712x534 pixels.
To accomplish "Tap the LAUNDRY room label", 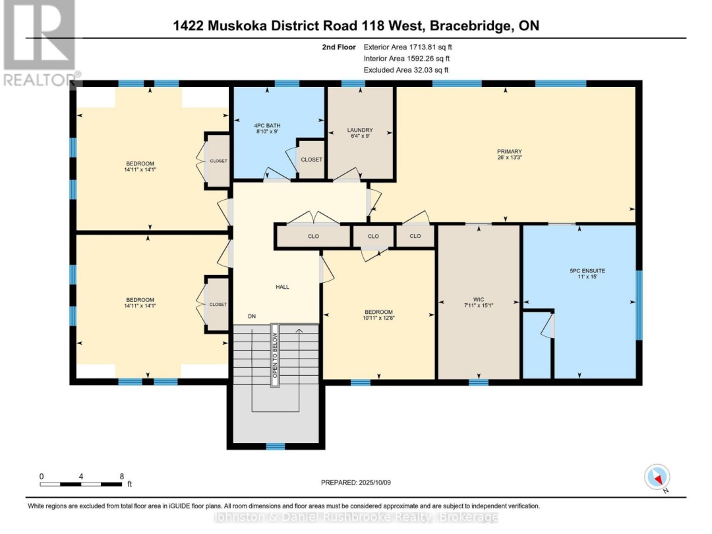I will coord(360,130).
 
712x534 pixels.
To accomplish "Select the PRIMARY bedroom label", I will coord(505,151).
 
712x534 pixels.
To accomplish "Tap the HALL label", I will coord(282,287).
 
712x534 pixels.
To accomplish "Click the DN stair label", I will coord(251,316).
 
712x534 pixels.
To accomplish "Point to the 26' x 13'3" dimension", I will coord(505,158).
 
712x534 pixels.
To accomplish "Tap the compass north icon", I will coord(657,477).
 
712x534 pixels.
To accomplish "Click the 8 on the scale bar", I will coord(121,475).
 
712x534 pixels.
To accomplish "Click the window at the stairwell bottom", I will coord(276,446).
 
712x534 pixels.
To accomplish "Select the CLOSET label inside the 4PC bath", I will coord(311,160).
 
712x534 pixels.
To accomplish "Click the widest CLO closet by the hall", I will coord(313,236).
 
